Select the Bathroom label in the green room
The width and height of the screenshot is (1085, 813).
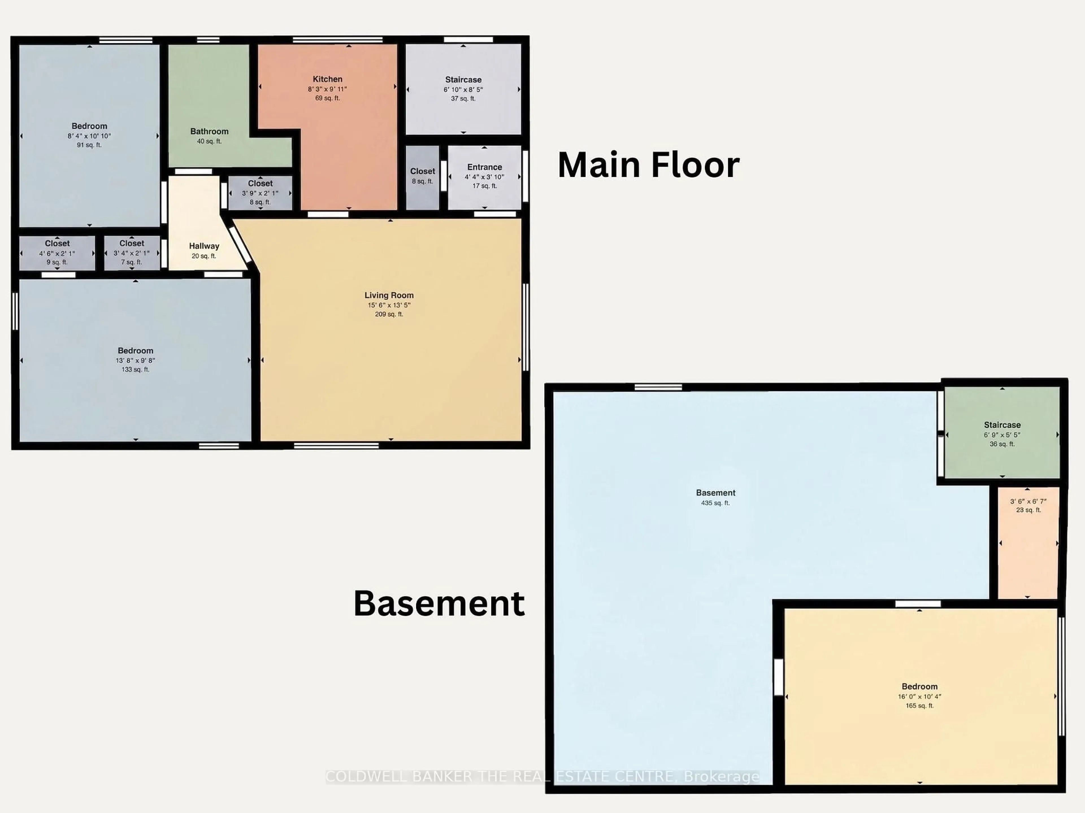click(209, 131)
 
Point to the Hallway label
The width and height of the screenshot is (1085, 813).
click(204, 246)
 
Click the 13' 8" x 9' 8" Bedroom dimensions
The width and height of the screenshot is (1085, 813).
click(135, 360)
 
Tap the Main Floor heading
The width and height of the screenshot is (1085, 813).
click(648, 165)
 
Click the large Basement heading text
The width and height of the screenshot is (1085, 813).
click(439, 604)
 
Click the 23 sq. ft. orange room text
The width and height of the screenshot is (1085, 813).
click(1028, 510)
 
